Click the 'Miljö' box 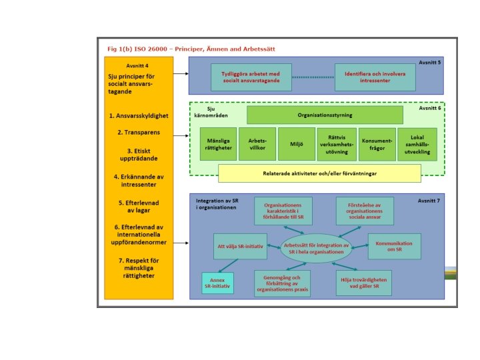pos(295,144)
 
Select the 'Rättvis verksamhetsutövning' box pos(336,144)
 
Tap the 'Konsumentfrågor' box pos(377,144)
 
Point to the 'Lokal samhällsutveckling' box pos(417,144)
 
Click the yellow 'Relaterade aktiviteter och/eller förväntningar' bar pos(319,173)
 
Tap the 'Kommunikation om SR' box pos(394,246)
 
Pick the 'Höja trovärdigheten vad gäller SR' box pos(363,283)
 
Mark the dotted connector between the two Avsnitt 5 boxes pos(312,77)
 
